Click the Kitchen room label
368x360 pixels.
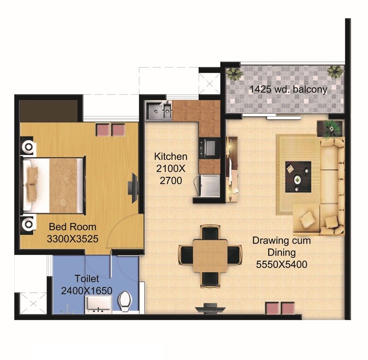pos(171,156)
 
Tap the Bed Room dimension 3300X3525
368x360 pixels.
pos(72,239)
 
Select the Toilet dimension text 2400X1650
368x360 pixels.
pos(87,291)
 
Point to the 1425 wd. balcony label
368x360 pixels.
pos(288,89)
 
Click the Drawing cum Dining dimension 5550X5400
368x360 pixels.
pos(282,265)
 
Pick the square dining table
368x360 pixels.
pos(210,255)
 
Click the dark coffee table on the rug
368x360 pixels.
pos(298,176)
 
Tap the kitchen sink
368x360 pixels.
pos(159,111)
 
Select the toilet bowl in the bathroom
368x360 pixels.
pos(125,301)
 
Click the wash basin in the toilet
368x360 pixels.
pos(98,304)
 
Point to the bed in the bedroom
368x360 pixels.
pos(53,185)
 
